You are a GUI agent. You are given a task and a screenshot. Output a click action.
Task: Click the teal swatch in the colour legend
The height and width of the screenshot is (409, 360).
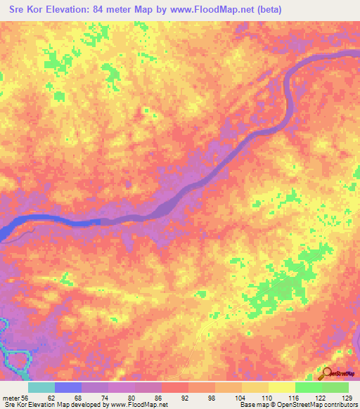coord(41,388)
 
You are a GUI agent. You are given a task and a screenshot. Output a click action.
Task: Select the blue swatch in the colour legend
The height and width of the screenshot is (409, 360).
coord(68,388)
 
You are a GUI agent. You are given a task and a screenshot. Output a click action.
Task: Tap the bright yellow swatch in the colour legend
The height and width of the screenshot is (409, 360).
coord(282,388)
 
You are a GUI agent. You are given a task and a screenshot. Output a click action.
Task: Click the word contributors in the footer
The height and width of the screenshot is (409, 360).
coord(339,405)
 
